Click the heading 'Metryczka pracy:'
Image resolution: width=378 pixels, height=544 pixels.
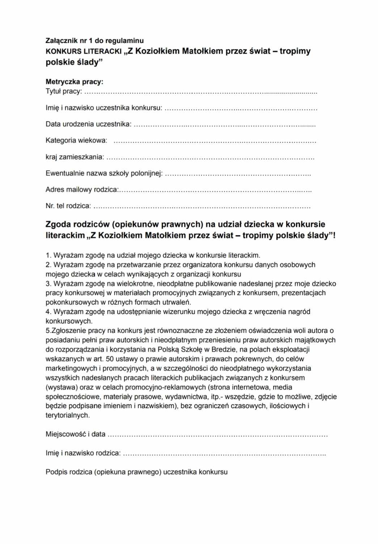74,82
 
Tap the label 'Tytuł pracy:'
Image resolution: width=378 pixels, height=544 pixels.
64,91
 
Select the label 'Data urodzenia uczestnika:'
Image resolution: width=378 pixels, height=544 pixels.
88,124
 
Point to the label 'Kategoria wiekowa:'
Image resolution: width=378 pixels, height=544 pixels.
76,140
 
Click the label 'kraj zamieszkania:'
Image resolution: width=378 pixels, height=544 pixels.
75,157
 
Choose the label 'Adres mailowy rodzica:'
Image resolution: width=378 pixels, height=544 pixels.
82,189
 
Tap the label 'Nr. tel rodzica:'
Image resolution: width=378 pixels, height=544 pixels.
68,206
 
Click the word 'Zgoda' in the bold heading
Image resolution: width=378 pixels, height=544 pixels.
59,224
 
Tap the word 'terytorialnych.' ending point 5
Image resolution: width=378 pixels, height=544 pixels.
68,416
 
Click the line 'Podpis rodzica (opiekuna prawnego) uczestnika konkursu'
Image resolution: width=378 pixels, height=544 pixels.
136,472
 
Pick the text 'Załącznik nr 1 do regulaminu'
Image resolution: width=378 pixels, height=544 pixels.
94,41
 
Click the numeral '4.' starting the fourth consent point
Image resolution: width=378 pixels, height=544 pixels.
48,312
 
